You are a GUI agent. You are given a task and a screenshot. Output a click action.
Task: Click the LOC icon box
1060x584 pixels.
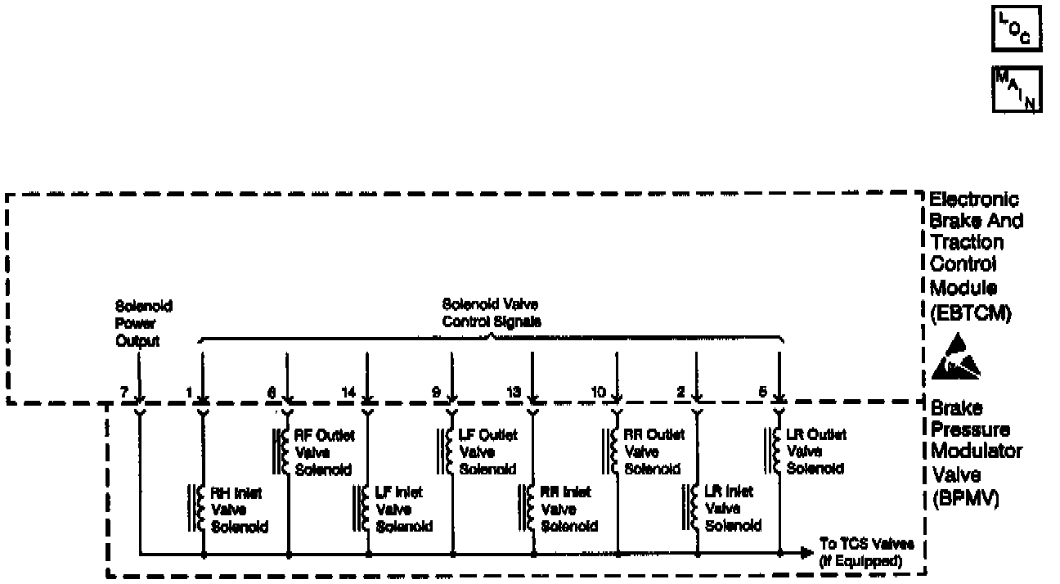pos(1017,31)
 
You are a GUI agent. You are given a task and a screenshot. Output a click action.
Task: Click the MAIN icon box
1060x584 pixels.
pos(1017,91)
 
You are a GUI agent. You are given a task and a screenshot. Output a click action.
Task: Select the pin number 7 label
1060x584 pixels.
pos(124,393)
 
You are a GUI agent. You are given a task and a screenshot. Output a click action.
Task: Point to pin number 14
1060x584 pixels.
pos(348,393)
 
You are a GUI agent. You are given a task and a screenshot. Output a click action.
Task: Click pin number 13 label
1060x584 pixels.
pos(514,393)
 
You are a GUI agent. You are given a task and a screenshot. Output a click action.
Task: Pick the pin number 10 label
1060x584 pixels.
pos(598,393)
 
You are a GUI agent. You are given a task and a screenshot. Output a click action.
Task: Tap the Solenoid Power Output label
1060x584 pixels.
pos(137,323)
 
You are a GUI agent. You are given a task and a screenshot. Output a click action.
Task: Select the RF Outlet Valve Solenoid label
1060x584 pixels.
pos(323,452)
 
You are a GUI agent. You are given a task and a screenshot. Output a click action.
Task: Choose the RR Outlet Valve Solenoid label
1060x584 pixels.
pos(654,452)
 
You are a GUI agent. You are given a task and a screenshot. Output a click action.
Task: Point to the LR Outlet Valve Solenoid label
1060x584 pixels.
pos(816,452)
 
